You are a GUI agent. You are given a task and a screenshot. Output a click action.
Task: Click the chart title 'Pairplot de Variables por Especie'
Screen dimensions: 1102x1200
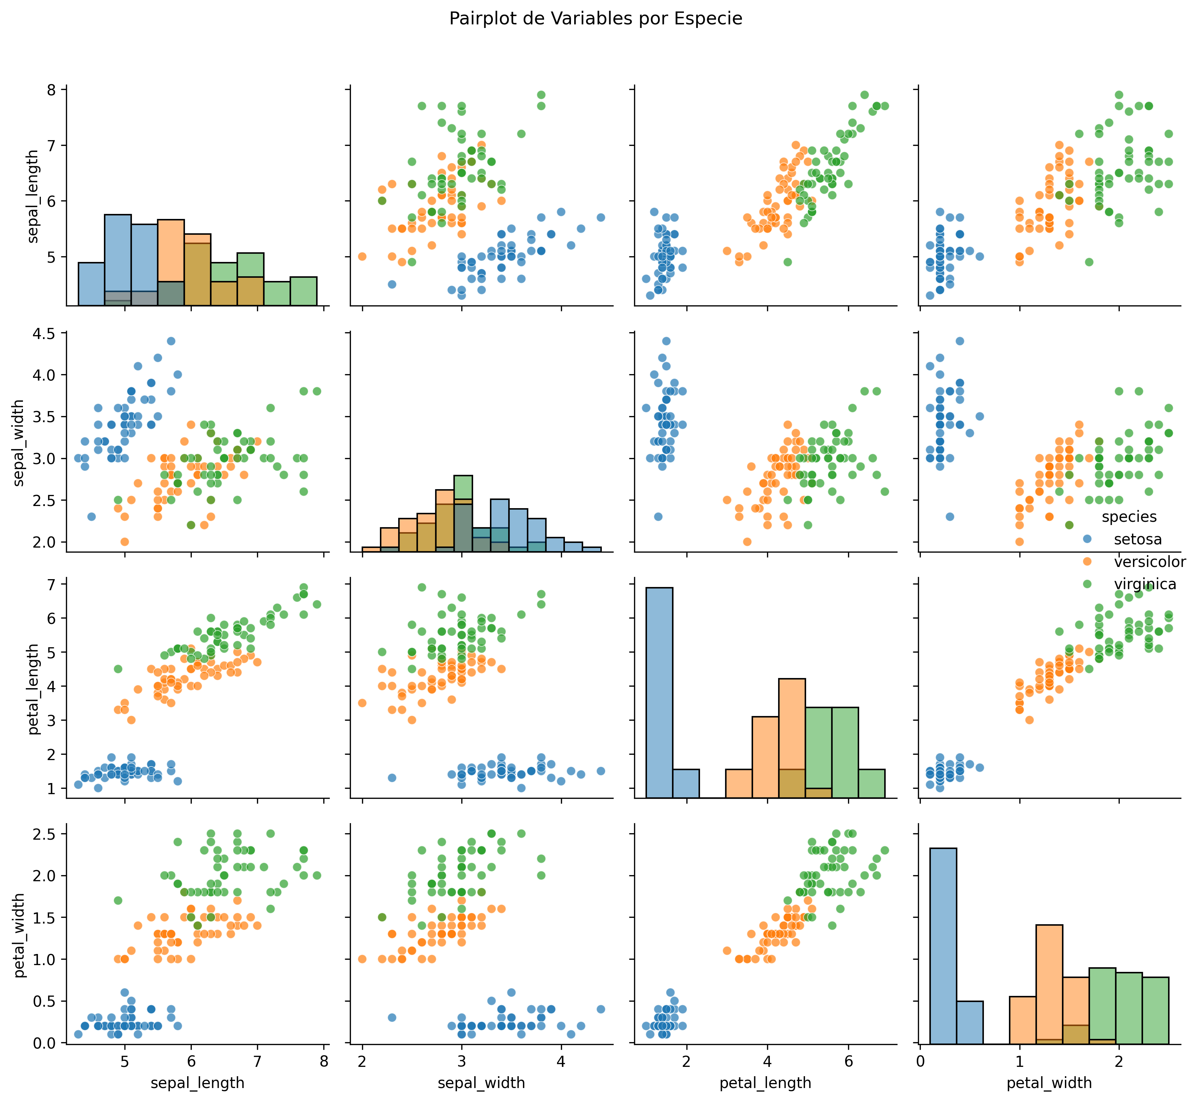595,19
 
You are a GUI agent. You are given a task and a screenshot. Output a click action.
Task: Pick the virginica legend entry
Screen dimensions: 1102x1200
1144,584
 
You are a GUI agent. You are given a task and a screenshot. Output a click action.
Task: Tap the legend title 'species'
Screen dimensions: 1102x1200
1129,517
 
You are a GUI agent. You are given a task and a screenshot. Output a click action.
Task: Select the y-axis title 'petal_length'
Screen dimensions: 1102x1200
34,689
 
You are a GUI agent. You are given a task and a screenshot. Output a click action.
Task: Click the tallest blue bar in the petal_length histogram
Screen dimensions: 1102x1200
659,692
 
